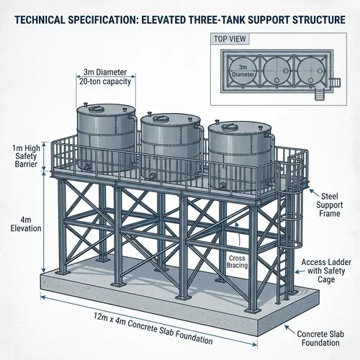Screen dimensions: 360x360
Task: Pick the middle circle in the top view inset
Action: coord(276,71)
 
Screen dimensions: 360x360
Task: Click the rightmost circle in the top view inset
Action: coord(310,71)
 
